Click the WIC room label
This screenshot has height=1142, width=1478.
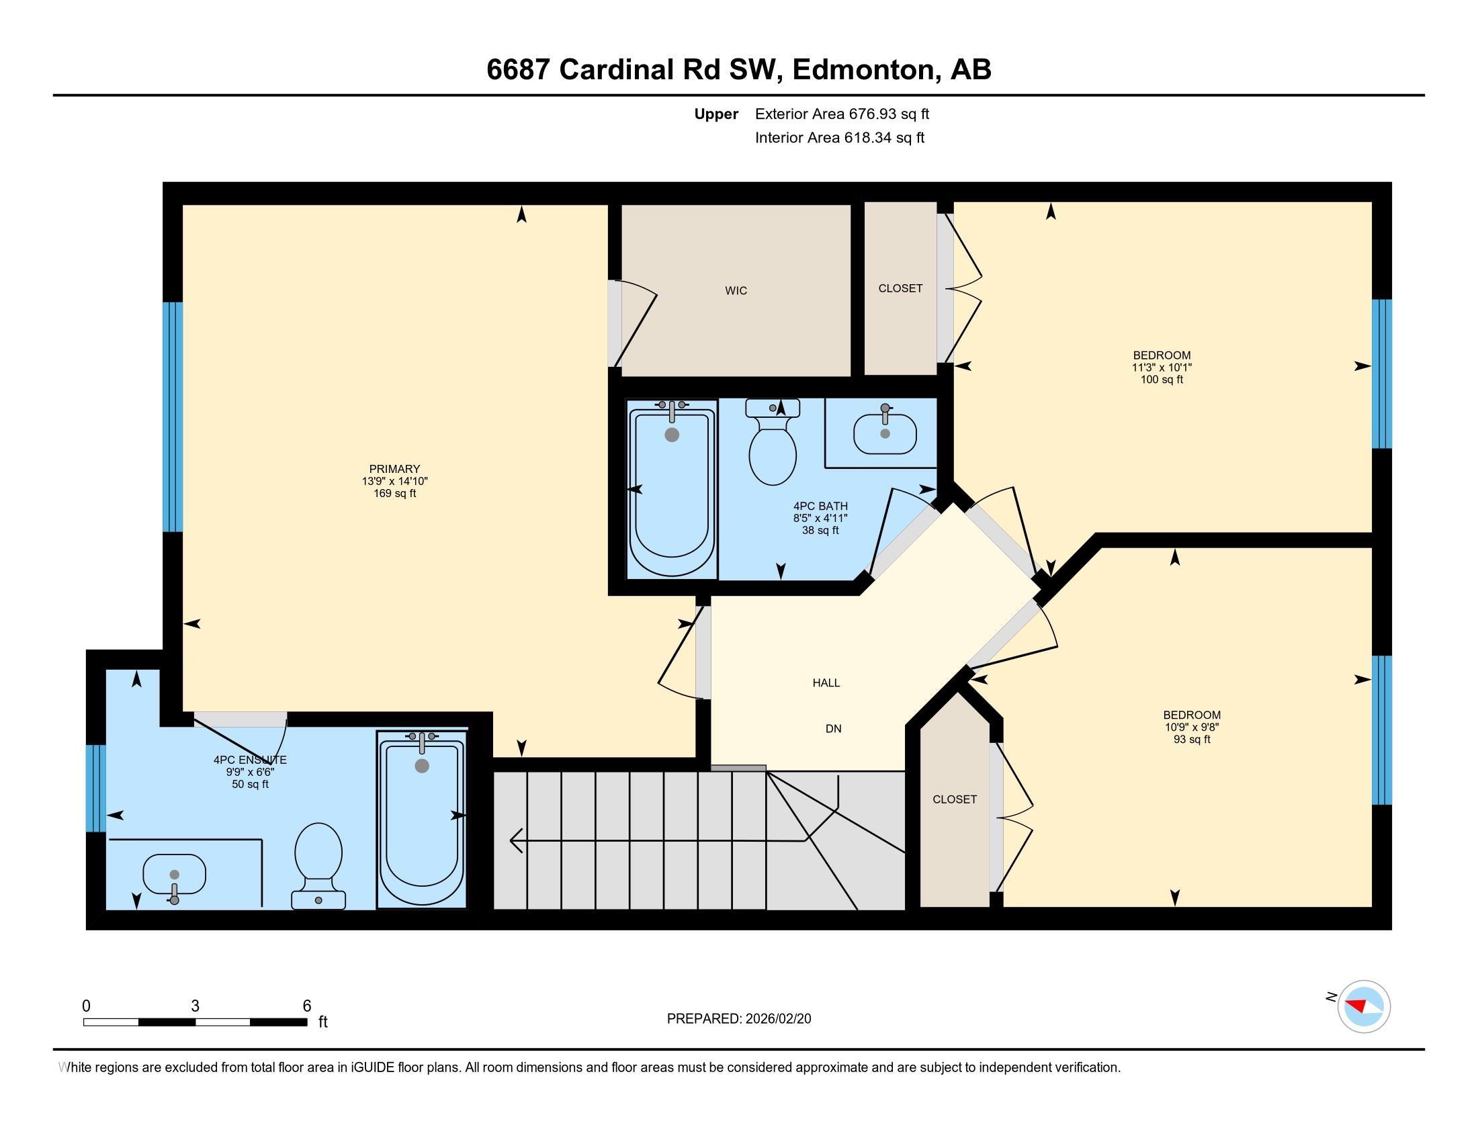point(736,291)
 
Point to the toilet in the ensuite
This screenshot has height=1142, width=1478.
point(318,864)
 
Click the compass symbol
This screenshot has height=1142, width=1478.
point(1363,1006)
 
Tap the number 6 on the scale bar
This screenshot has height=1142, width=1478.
point(306,1006)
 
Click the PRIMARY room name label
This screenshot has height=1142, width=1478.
point(394,469)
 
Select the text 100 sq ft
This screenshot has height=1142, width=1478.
point(1162,380)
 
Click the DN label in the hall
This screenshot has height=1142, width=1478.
point(833,729)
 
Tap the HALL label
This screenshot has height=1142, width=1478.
point(826,683)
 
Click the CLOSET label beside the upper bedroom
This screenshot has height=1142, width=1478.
point(900,288)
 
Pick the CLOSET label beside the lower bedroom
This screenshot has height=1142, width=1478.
point(954,799)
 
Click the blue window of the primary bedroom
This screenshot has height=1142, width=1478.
point(173,416)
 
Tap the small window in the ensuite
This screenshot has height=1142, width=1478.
point(96,787)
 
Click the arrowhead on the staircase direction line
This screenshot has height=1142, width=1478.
point(515,840)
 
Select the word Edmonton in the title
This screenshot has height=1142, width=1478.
point(863,70)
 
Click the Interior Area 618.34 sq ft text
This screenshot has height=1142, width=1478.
point(839,138)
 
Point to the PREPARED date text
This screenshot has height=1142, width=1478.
point(738,1018)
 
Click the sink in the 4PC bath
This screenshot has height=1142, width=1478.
point(884,433)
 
